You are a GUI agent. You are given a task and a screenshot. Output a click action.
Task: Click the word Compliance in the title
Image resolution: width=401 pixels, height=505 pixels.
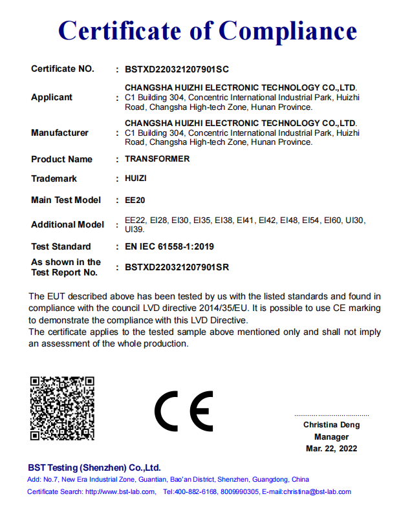287,31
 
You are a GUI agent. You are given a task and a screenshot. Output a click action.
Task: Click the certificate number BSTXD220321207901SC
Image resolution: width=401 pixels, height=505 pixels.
177,69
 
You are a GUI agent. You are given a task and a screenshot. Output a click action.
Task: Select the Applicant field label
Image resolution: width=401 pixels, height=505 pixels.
52,98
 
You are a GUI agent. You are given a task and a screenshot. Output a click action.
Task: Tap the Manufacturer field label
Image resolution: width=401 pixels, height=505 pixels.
60,133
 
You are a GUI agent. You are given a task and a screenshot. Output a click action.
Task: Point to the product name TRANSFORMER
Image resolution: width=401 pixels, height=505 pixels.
157,159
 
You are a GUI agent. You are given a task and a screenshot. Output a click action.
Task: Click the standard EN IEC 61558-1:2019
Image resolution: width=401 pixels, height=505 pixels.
169,246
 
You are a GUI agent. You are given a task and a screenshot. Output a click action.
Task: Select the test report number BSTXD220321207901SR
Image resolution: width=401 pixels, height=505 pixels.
177,267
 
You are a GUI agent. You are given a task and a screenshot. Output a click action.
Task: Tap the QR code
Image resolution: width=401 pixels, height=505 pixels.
62,408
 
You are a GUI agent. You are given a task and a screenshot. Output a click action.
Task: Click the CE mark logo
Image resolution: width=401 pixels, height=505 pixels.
184,411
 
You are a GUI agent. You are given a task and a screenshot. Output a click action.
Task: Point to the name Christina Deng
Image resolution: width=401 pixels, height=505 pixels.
331,425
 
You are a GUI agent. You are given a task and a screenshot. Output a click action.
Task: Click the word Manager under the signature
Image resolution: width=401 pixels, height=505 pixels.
331,436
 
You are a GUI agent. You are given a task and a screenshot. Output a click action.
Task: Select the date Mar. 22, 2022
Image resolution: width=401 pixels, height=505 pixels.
331,448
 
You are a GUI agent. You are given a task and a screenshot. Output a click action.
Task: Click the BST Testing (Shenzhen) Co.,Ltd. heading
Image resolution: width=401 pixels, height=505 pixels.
94,467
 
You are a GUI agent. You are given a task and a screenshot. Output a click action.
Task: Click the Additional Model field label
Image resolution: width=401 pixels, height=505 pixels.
67,224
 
